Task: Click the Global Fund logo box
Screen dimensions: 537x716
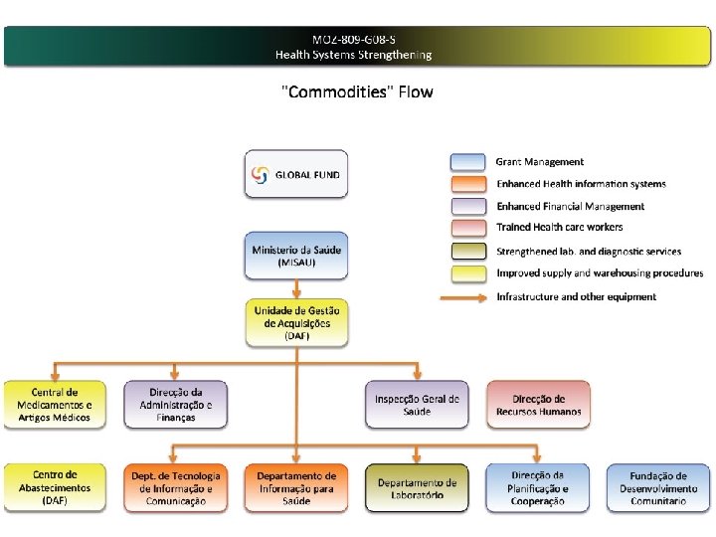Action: pyautogui.click(x=296, y=174)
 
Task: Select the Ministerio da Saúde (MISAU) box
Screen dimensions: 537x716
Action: pyautogui.click(x=296, y=257)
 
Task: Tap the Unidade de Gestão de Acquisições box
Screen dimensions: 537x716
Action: pyautogui.click(x=296, y=323)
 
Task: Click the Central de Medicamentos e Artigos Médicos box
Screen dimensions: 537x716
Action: pyautogui.click(x=55, y=405)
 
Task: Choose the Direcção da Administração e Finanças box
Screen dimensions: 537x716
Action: pyautogui.click(x=175, y=405)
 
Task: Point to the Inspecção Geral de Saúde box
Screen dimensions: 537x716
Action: pyautogui.click(x=417, y=405)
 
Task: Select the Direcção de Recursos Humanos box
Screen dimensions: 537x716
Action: pyautogui.click(x=537, y=405)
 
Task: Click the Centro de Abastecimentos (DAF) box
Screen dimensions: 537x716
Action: pyautogui.click(x=55, y=487)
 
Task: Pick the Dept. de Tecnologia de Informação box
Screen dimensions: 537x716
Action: pyautogui.click(x=175, y=487)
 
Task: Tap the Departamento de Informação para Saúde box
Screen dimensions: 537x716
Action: pyautogui.click(x=296, y=487)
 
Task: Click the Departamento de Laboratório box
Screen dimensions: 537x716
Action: pyautogui.click(x=417, y=487)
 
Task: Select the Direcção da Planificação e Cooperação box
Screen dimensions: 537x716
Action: pyautogui.click(x=537, y=487)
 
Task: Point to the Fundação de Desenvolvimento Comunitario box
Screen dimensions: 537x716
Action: pyautogui.click(x=658, y=487)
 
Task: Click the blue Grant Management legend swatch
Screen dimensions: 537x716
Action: pyautogui.click(x=467, y=162)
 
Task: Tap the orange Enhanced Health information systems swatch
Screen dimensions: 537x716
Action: pyautogui.click(x=467, y=185)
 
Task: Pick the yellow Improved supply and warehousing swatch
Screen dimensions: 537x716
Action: pyautogui.click(x=467, y=273)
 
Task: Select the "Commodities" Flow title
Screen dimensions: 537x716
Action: pyautogui.click(x=358, y=92)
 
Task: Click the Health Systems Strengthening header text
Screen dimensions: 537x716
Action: pyautogui.click(x=354, y=54)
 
